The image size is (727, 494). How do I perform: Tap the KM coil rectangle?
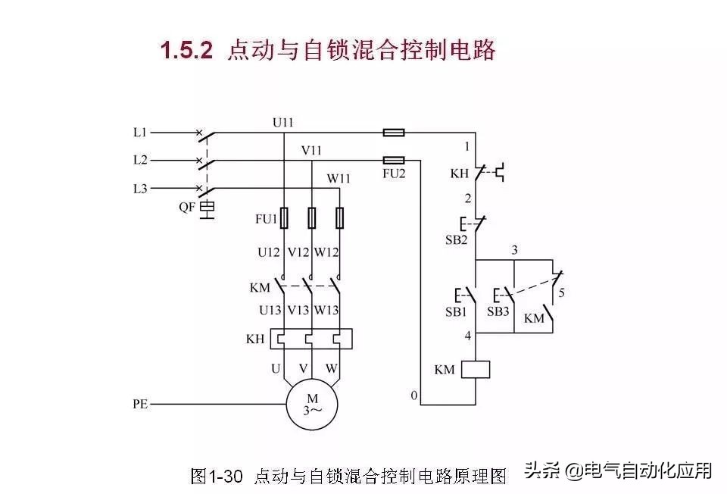click(x=476, y=369)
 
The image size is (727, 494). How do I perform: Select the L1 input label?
click(x=140, y=133)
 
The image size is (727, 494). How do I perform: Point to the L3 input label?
click(x=140, y=189)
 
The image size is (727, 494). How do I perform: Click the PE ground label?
click(x=141, y=404)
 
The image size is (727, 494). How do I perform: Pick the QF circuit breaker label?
click(x=187, y=207)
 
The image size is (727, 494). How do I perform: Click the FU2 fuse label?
click(x=394, y=174)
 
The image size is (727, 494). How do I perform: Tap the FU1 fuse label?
click(x=266, y=218)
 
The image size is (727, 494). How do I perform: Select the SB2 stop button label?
click(x=456, y=240)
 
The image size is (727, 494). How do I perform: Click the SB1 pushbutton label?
click(x=456, y=311)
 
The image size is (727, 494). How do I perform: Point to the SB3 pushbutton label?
click(x=498, y=311)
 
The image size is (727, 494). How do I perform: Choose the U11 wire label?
click(x=282, y=123)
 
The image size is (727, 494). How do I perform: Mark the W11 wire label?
click(x=339, y=179)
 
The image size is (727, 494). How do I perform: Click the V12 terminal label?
click(x=298, y=252)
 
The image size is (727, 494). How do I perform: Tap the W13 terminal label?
click(x=326, y=310)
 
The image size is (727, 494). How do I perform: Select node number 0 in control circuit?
click(x=414, y=396)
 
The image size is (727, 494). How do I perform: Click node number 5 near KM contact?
click(x=561, y=292)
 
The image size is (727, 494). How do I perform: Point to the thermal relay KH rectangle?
click(x=311, y=339)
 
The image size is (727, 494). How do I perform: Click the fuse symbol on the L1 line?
click(x=394, y=133)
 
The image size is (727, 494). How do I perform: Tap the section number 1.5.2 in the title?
click(x=186, y=50)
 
